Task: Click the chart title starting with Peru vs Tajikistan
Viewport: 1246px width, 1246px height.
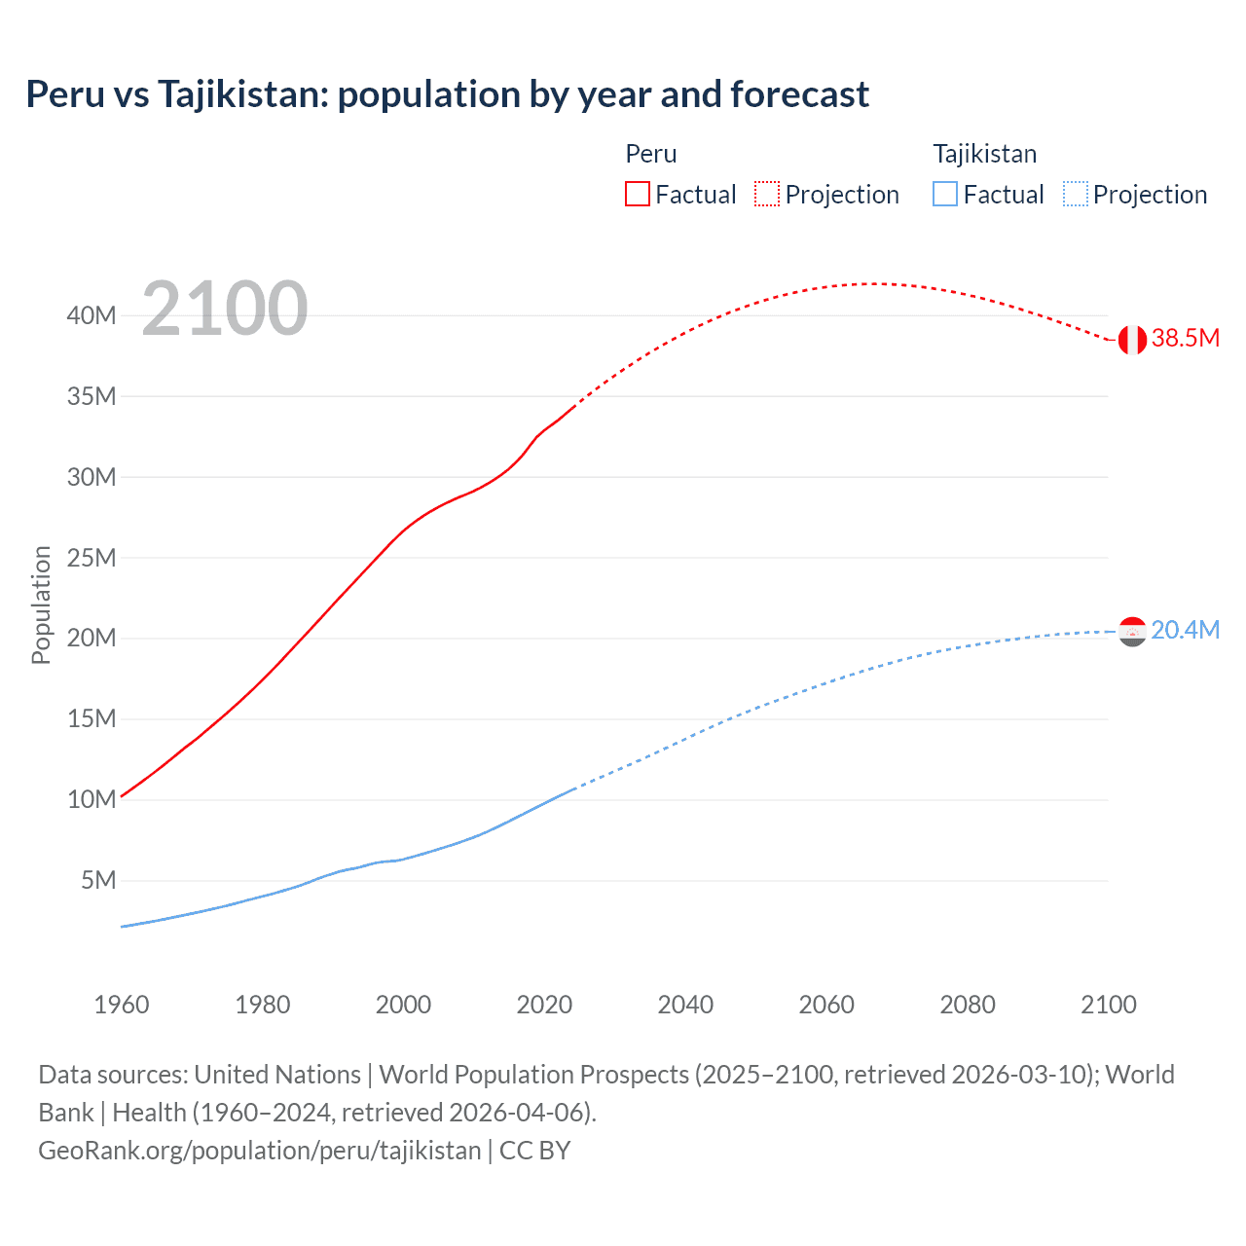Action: coord(447,94)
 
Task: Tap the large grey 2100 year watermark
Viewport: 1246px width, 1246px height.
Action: coord(225,309)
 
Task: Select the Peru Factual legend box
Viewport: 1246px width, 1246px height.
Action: coord(638,194)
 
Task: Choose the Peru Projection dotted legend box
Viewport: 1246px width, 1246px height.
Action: coord(767,194)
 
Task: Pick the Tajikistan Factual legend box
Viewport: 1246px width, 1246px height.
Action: coord(945,194)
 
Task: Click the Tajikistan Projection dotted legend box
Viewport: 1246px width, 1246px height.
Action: coord(1075,194)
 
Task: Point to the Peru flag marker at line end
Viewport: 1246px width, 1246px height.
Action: coord(1132,340)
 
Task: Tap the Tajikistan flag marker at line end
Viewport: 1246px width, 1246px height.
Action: coord(1132,632)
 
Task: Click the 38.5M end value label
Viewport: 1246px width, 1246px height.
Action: coord(1185,338)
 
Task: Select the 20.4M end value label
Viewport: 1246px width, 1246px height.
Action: coord(1185,630)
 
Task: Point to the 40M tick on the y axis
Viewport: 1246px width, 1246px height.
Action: coord(92,315)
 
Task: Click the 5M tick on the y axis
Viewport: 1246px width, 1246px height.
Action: coord(98,880)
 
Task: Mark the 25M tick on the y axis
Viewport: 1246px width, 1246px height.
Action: coord(92,558)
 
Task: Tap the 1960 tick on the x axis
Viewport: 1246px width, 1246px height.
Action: coord(122,1005)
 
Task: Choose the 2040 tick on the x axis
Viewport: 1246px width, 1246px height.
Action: coord(685,1005)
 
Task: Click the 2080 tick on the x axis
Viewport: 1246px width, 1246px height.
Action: coord(968,1005)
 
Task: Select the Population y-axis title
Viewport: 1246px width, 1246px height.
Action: coord(41,605)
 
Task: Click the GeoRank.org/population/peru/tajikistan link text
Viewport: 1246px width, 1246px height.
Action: coord(260,1151)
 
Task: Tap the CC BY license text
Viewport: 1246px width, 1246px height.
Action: coord(534,1151)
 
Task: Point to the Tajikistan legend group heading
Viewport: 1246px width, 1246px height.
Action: coord(984,154)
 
